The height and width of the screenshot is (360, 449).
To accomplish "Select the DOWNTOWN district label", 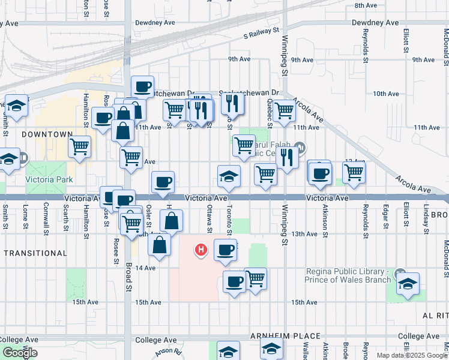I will tap(47, 135).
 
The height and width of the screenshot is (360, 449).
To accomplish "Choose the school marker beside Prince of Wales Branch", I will tap(408, 283).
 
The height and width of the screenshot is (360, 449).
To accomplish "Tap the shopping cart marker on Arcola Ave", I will tap(284, 110).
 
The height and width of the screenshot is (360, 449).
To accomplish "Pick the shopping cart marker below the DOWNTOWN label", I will tap(79, 146).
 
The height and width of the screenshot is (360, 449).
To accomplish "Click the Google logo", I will tap(20, 353).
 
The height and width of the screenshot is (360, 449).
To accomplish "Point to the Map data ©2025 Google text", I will tap(411, 355).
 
